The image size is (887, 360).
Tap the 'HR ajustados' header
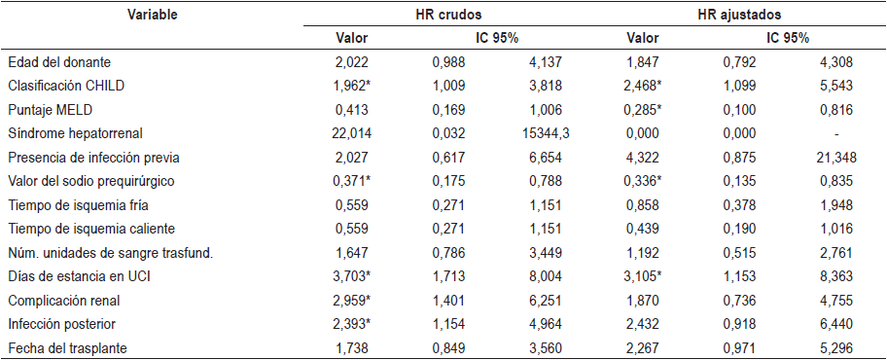tap(739, 15)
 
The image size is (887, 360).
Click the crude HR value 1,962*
tap(350, 85)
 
